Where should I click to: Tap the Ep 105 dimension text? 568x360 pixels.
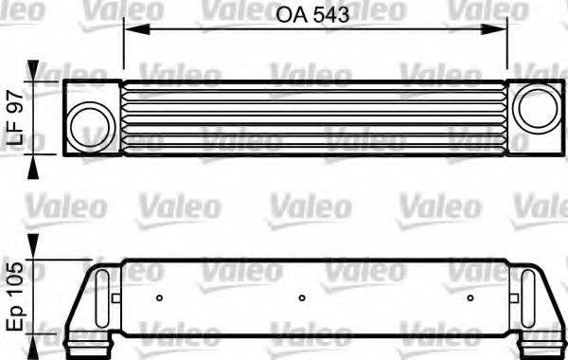(x=15, y=296)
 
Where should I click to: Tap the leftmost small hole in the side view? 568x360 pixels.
(x=160, y=298)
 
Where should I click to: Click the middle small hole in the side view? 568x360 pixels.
(x=301, y=298)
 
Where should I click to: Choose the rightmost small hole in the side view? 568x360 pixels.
(x=470, y=298)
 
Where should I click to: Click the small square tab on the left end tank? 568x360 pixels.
(x=115, y=298)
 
